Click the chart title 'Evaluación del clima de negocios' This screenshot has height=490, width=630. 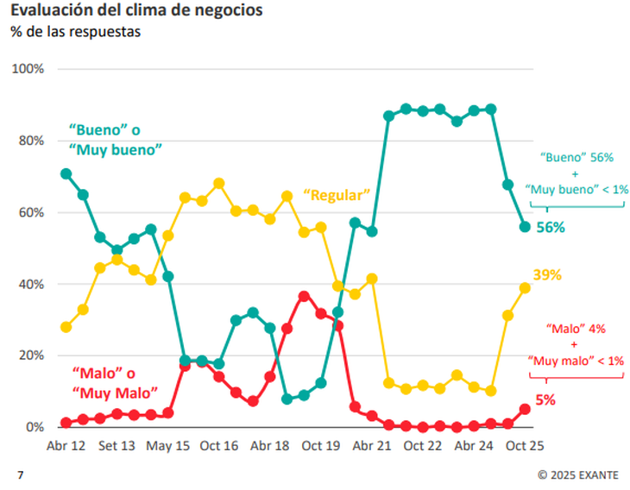[136, 11]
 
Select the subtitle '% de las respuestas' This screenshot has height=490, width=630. [75, 32]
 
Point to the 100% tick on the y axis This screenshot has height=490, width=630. [30, 69]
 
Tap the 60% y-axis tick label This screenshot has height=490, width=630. [34, 212]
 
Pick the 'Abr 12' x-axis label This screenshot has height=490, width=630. [66, 446]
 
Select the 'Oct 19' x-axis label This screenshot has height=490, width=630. [321, 446]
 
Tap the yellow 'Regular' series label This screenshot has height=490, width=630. [336, 195]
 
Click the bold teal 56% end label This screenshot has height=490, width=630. [551, 228]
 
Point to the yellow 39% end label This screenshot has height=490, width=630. [547, 275]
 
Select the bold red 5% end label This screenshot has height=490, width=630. [546, 400]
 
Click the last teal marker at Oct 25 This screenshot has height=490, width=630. [525, 227]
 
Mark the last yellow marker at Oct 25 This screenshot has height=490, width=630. [525, 288]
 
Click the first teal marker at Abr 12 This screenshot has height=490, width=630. [66, 173]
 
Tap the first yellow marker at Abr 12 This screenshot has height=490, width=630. [66, 327]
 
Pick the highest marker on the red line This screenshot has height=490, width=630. [304, 296]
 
